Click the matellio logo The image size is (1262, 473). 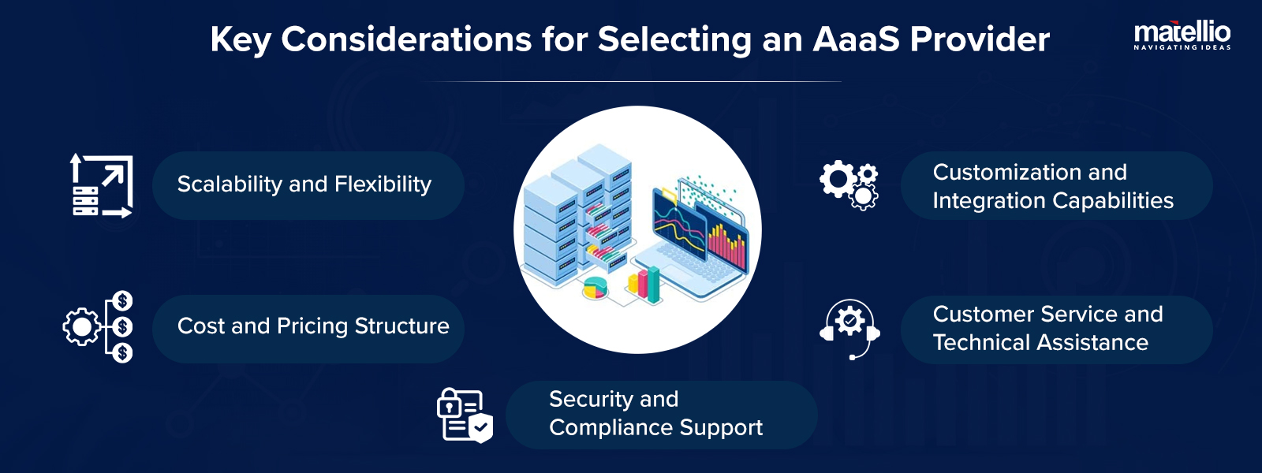click(1182, 32)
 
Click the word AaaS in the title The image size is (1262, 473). click(856, 39)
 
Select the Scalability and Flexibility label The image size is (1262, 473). click(304, 184)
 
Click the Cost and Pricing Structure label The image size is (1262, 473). click(313, 326)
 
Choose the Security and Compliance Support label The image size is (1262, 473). click(655, 414)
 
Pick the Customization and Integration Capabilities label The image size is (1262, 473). click(1052, 186)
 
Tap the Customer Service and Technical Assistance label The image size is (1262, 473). click(1047, 328)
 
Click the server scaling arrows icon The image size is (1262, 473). click(101, 186)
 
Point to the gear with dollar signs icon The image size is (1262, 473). click(99, 326)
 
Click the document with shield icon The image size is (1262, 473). click(465, 415)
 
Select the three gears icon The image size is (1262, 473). click(849, 184)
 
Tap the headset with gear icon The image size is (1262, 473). click(849, 327)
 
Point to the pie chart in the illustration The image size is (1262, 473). click(596, 288)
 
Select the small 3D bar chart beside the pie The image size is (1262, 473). click(644, 285)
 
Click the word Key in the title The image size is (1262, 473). click(240, 39)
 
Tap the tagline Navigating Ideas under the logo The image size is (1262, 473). click(1182, 48)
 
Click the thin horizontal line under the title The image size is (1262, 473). click(631, 81)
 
